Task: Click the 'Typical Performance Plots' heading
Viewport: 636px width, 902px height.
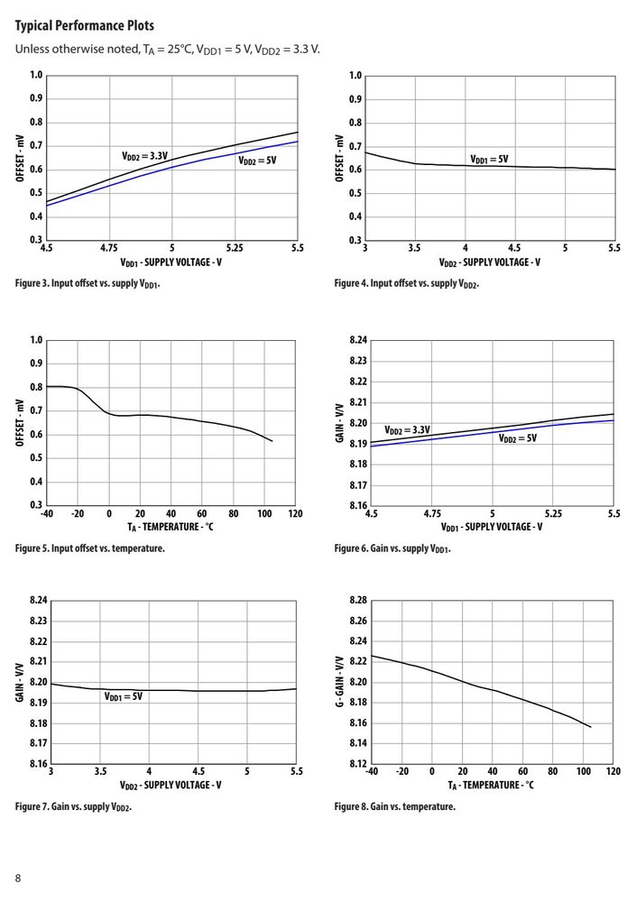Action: (x=85, y=26)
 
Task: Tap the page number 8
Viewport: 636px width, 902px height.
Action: (x=18, y=878)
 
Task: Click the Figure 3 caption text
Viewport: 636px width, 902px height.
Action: (x=88, y=283)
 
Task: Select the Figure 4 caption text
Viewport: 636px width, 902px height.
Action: (x=406, y=283)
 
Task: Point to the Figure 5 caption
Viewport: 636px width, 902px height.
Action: (x=90, y=548)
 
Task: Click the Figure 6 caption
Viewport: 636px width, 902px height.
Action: (x=392, y=548)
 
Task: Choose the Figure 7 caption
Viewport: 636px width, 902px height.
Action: (x=74, y=807)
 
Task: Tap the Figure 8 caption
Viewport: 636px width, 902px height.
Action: (x=395, y=806)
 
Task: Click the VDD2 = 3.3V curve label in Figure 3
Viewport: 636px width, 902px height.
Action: (x=144, y=156)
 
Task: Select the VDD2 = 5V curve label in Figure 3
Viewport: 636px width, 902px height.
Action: (x=257, y=161)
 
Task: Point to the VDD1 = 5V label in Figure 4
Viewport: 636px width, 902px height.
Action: (x=489, y=160)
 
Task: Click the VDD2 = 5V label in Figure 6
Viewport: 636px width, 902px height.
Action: (x=518, y=438)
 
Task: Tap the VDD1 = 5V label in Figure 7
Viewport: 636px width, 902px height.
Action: (x=124, y=696)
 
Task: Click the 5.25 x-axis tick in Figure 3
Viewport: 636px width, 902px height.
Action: (x=235, y=249)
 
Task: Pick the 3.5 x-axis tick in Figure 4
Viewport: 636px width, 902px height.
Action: (x=414, y=248)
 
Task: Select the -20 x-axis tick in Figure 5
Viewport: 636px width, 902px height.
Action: (x=77, y=514)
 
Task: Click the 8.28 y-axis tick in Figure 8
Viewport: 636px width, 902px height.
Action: (x=358, y=600)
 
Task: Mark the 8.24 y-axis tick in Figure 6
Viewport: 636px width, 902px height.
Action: (x=358, y=340)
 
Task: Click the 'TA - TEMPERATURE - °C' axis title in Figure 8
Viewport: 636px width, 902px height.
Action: (x=491, y=786)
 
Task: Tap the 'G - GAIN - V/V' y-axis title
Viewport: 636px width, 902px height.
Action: (x=339, y=682)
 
